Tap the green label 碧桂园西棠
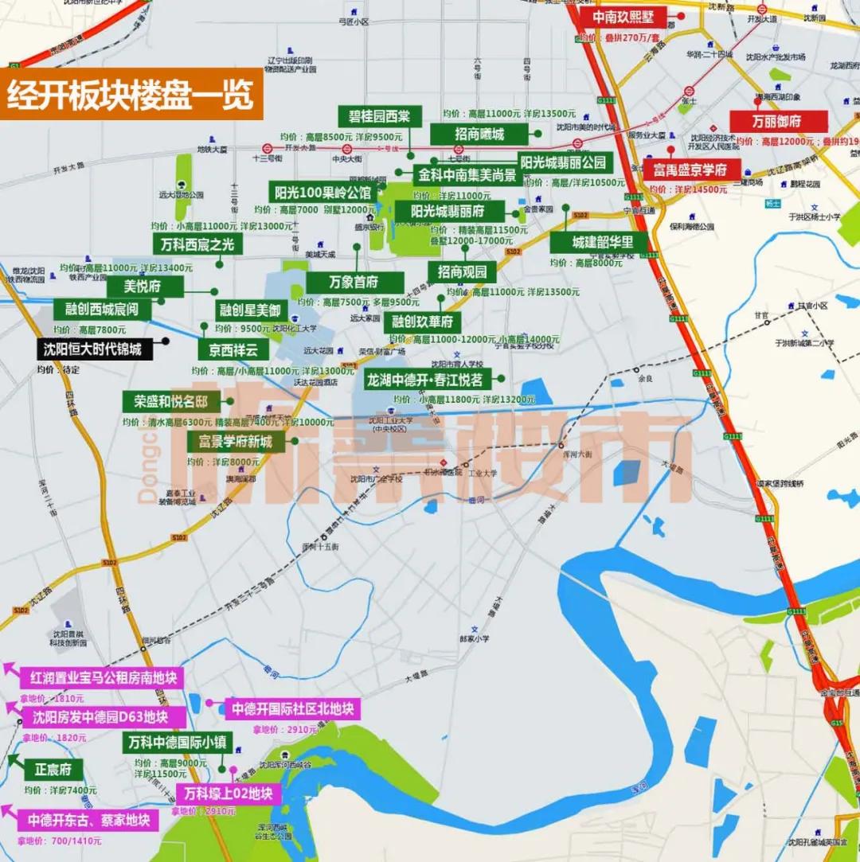379,116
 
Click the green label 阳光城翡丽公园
563,163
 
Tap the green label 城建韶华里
603,242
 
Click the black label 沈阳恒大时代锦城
92,349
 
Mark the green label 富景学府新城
236,441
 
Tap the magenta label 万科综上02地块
228,794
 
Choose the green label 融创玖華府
422,322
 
